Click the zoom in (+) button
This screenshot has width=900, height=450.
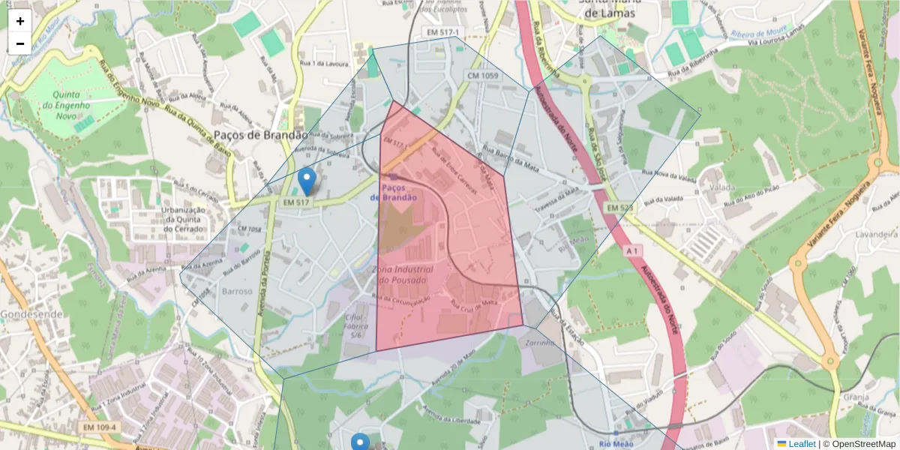[x=20, y=22]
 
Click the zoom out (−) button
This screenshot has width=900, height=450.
[x=20, y=43]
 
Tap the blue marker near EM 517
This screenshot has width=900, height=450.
[x=307, y=180]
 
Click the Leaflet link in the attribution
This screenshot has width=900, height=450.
[x=802, y=444]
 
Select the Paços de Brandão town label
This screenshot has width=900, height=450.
[x=260, y=135]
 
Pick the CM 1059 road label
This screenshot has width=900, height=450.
[x=482, y=76]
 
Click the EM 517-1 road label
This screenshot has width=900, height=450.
[x=442, y=33]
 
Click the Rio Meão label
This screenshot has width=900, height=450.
[x=617, y=443]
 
